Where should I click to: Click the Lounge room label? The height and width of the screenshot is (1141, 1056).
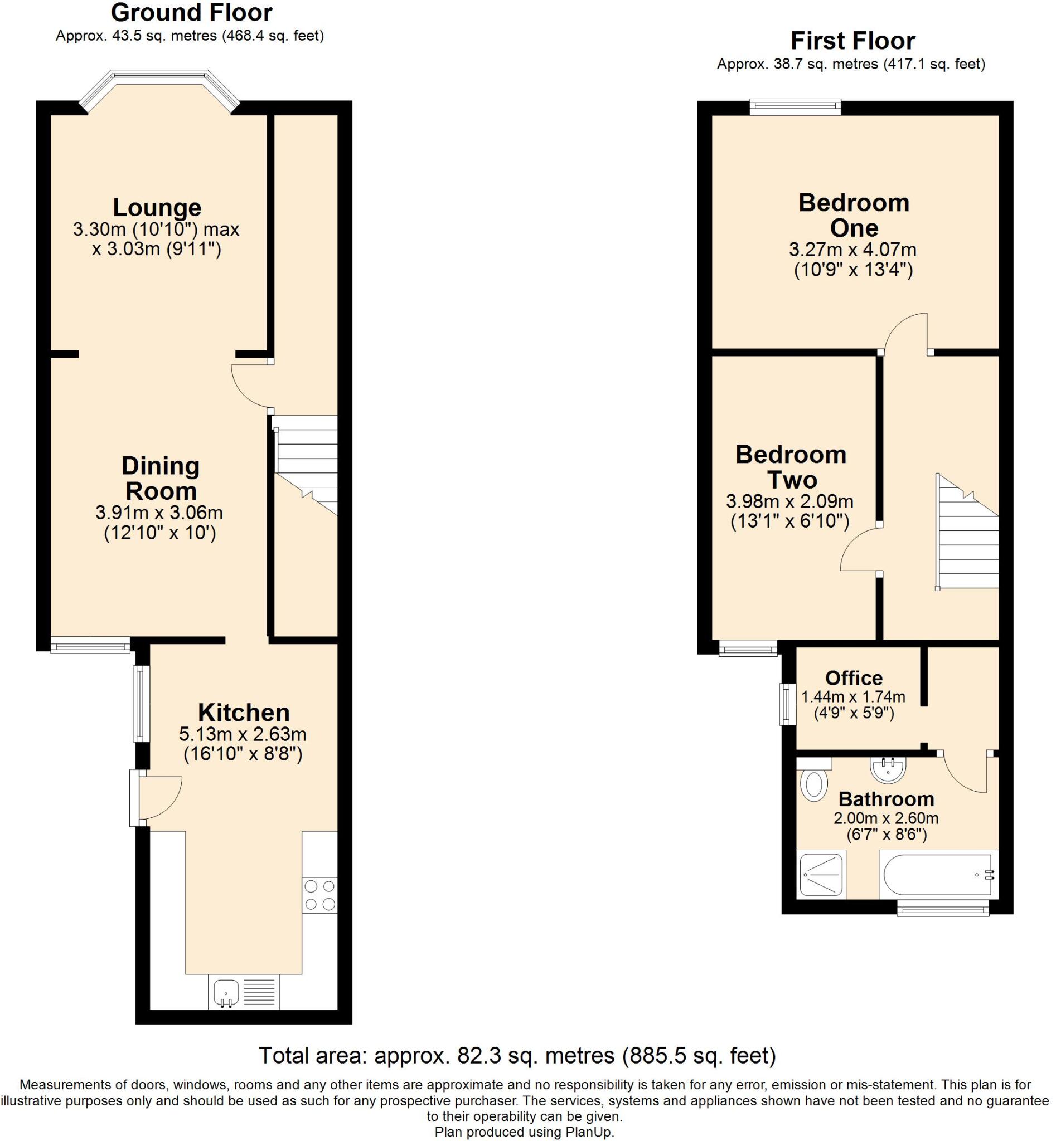157,207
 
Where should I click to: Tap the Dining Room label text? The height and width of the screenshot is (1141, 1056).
161,479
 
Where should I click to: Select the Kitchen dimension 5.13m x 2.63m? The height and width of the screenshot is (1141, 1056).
243,734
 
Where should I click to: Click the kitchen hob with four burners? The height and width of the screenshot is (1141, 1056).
319,895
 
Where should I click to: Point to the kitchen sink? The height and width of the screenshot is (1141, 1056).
226,991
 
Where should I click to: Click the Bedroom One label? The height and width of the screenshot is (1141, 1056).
853,215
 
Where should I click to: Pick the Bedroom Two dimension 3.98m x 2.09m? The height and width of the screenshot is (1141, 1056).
789,502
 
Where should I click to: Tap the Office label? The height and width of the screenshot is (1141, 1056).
854,678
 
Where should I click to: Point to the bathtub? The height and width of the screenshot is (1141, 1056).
939,874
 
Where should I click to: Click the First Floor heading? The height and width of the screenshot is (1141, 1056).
852,41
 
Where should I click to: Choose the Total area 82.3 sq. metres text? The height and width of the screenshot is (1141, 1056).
517,1056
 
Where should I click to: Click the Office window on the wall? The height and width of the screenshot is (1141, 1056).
788,704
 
